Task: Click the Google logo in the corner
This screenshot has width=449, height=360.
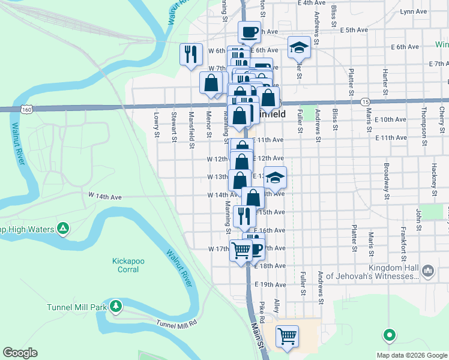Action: coord(20,353)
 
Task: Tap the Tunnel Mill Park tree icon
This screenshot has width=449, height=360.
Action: coord(116,307)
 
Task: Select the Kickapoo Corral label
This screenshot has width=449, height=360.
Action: coord(125,265)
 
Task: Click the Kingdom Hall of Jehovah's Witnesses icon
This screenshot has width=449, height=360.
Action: coord(427,271)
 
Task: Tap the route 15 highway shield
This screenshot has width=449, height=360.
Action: coord(365,102)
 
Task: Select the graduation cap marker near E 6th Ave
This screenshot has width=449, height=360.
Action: coord(298,48)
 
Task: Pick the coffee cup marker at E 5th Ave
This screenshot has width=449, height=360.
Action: coord(249,31)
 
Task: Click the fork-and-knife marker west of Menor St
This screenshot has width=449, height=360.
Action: coord(191,55)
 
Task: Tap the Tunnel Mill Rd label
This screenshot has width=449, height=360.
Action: coord(176,323)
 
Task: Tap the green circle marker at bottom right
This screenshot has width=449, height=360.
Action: coord(389,335)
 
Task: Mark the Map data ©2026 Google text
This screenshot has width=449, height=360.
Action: coord(411,355)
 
